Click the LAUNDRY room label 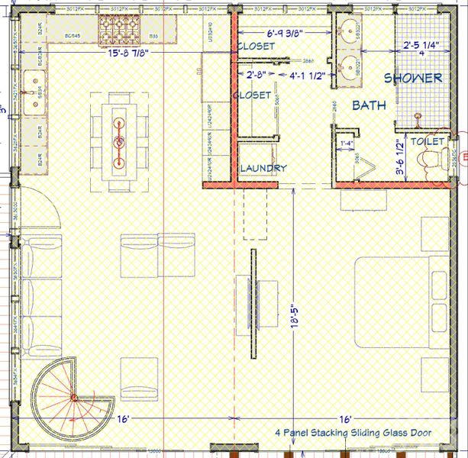point(263,168)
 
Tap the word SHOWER point(412,78)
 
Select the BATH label point(369,105)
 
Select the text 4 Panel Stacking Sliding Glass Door point(353,433)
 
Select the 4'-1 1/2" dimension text point(308,76)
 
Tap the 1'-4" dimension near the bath point(346,143)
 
